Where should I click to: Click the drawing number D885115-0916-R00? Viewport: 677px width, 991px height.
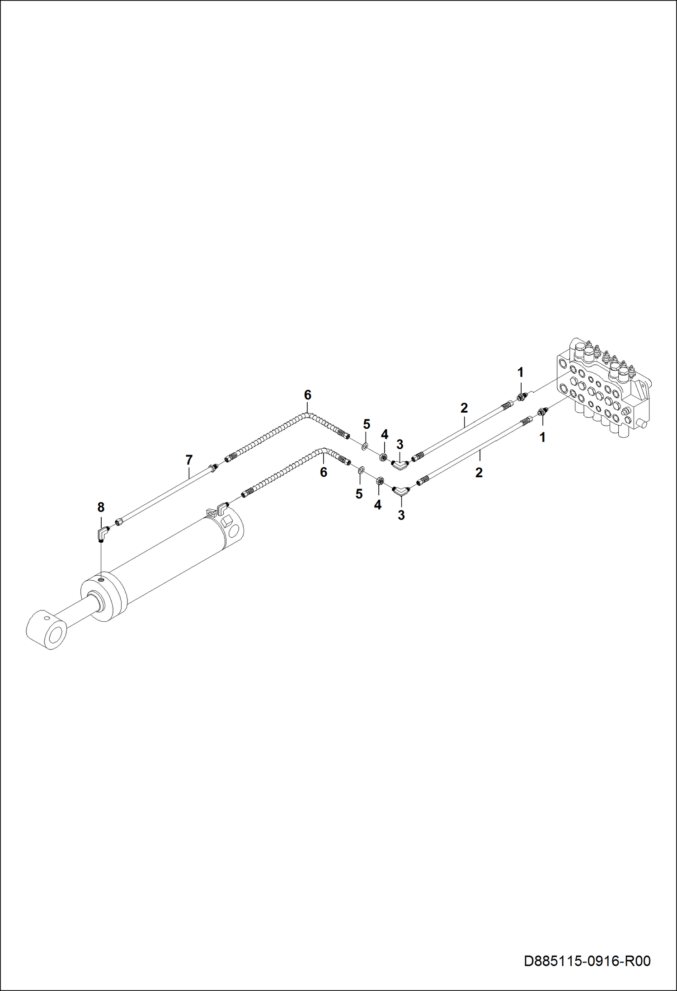point(587,961)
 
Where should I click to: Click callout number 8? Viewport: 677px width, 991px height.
point(101,507)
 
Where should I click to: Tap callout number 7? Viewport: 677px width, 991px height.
point(189,460)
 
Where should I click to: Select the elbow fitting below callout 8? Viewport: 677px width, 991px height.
point(103,534)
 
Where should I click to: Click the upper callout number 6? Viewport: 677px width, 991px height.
point(308,395)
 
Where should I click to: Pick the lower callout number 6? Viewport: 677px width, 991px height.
point(324,472)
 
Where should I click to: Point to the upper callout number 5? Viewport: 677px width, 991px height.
point(367,424)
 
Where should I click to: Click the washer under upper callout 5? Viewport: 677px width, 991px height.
point(365,447)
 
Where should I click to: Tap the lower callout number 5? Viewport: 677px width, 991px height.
point(359,494)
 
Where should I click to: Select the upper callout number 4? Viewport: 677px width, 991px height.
point(385,435)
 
